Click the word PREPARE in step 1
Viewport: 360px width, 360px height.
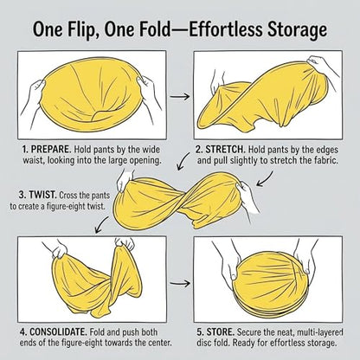point(51,150)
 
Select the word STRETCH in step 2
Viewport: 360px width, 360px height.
point(225,150)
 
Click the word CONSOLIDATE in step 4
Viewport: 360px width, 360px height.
point(58,331)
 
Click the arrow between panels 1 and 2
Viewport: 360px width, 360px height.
point(179,96)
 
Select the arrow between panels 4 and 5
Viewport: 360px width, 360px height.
point(179,283)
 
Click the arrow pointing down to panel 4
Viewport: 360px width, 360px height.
point(101,225)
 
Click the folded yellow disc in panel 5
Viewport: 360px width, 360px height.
point(269,284)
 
